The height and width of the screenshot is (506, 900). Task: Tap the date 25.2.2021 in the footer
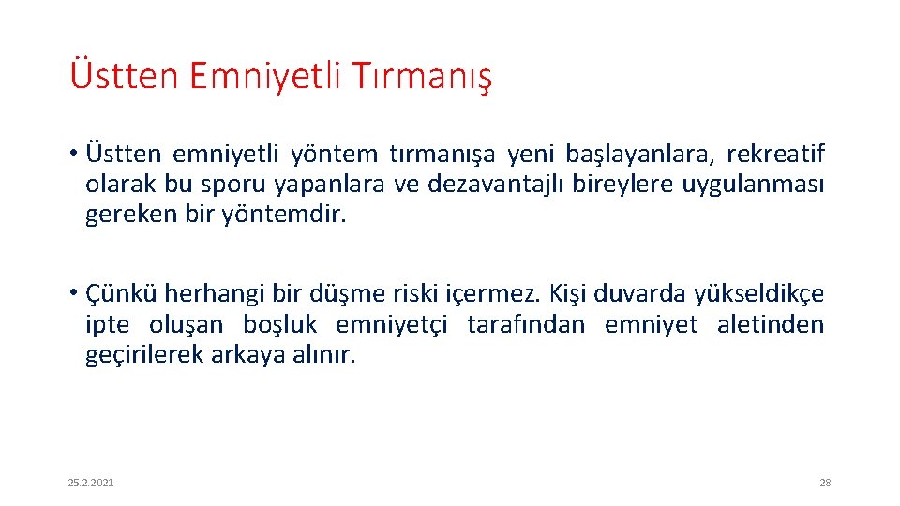tap(91, 483)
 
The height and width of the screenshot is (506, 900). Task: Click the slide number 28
tap(825, 483)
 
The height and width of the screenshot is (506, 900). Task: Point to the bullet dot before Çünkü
tap(72, 294)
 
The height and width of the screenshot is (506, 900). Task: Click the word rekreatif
tap(775, 154)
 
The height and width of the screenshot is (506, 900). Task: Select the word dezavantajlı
tap(487, 185)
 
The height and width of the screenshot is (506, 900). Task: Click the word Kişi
tap(565, 294)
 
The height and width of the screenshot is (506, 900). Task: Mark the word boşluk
tap(277, 325)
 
